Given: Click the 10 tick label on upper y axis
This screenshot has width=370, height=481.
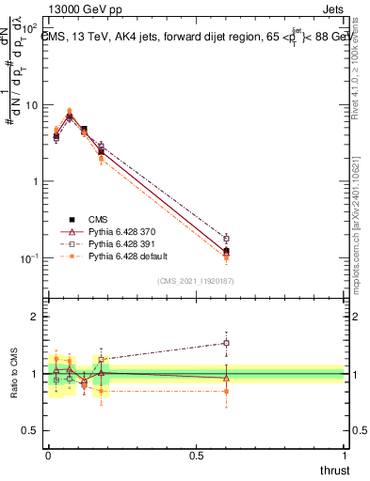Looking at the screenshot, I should coord(30,104).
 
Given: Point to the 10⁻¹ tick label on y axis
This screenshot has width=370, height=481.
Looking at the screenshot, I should coord(28,258).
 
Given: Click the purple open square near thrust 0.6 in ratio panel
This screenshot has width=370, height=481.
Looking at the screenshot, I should coord(226,343).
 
